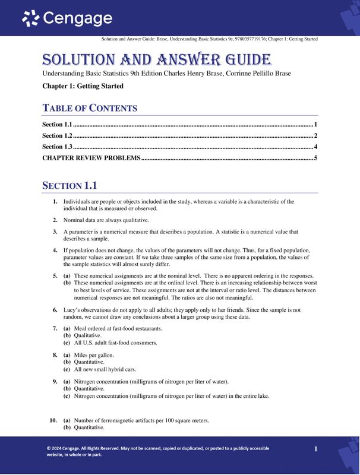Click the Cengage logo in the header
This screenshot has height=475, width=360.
(67, 19)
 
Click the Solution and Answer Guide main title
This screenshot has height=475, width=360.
(157, 59)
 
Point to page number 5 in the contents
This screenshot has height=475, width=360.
(316, 158)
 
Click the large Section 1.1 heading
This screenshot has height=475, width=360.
(69, 185)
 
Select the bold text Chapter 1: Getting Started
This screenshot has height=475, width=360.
(83, 86)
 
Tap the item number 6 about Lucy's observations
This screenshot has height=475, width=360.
(55, 310)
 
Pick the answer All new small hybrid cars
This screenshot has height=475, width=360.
(105, 369)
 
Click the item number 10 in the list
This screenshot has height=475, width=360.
(53, 420)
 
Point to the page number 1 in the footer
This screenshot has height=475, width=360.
(316, 449)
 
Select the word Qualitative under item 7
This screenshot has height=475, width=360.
(88, 335)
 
